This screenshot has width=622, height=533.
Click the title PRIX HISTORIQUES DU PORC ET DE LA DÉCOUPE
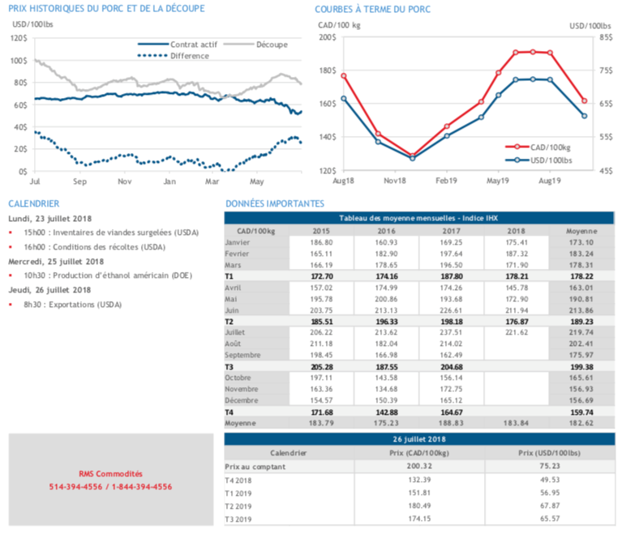pos(106,8)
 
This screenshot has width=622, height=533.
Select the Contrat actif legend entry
pos(189,43)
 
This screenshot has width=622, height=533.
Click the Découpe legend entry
pos(270,43)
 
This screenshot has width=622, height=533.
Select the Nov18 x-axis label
pos(395,182)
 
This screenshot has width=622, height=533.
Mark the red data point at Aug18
pos(344,76)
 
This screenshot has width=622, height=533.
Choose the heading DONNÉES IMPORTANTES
pos(275,203)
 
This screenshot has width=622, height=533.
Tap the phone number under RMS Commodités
pos(111,487)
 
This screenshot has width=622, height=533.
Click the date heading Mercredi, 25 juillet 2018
pos(56,262)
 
